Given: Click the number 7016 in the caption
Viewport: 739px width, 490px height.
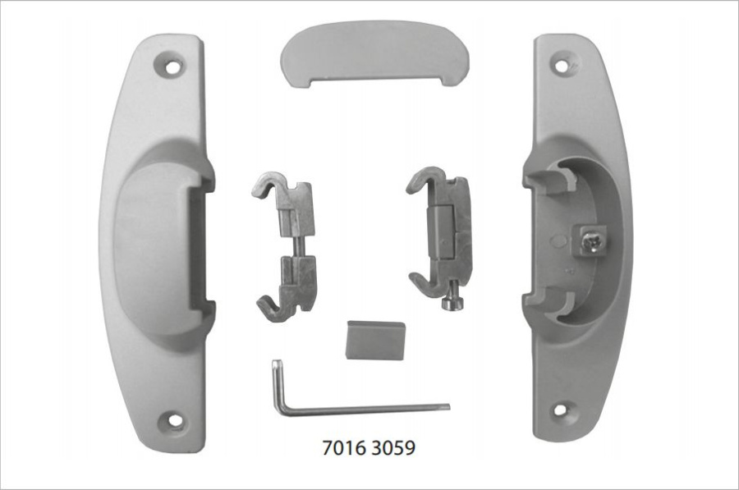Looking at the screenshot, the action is click(x=345, y=447).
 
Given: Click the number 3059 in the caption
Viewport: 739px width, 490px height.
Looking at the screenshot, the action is click(x=393, y=447).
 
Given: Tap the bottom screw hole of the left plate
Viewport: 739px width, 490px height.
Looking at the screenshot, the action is click(x=176, y=419).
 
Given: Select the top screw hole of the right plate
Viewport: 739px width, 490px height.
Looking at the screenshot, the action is click(x=562, y=66).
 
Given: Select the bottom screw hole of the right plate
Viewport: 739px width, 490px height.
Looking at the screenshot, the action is click(x=560, y=409).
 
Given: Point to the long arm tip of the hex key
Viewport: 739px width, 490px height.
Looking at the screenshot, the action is click(x=448, y=406).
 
